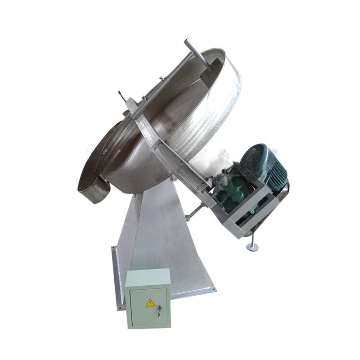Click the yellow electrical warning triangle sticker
150,303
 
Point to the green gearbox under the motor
237,193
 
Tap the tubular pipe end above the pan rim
188,44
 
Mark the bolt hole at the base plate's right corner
212,288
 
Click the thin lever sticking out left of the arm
122,96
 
